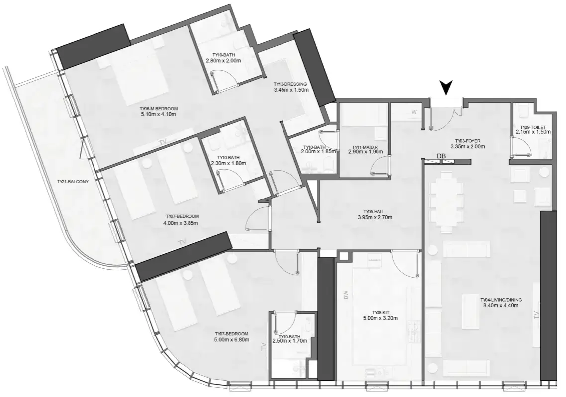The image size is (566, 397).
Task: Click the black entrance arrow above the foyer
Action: (447, 88)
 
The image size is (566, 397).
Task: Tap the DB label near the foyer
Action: (441, 156)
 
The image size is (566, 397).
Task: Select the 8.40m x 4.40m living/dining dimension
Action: (501, 305)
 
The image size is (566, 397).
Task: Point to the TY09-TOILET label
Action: (533, 127)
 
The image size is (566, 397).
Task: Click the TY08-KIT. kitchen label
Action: (380, 313)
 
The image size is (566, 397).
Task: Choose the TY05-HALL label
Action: (375, 212)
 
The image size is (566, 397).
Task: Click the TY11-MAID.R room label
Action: (365, 147)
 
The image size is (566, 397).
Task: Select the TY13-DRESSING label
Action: (290, 84)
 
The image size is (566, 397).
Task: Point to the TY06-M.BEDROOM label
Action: (159, 109)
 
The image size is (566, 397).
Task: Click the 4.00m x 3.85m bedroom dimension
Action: (181, 223)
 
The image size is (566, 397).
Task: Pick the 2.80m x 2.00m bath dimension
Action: (223, 61)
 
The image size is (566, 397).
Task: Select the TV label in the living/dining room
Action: (536, 315)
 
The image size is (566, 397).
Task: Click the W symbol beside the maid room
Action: (414, 112)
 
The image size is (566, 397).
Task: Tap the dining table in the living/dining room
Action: (446, 200)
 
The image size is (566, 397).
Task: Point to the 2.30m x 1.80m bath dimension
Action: (228, 163)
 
